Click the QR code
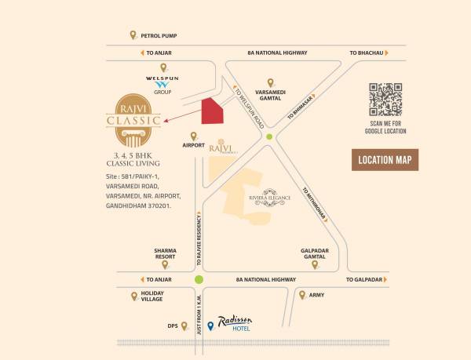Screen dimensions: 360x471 coord(386,100)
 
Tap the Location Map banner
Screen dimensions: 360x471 coord(385,159)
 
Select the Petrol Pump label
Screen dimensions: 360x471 coord(159,35)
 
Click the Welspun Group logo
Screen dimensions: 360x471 coord(162,82)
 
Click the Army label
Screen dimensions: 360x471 coord(317,296)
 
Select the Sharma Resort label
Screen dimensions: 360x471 coord(166,254)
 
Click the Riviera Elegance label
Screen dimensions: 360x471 coord(270,198)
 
